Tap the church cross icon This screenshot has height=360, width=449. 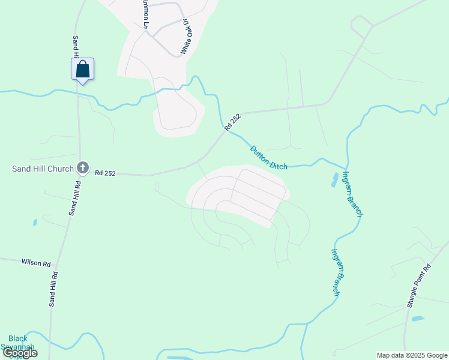point(83,168)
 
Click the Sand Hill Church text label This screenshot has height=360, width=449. point(43,169)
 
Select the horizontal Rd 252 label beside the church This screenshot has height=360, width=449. point(105,173)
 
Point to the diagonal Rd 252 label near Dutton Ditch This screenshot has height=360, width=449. point(232,122)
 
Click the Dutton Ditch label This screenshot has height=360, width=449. point(268,158)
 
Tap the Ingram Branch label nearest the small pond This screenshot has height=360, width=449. point(352,193)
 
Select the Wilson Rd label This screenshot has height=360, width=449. point(37,262)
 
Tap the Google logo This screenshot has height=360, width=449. point(20,352)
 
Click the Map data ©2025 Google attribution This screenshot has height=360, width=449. point(412,355)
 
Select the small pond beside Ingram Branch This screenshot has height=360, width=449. point(334,179)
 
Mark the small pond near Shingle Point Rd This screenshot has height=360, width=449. point(418,319)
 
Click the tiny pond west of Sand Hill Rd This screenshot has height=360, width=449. point(35,222)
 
